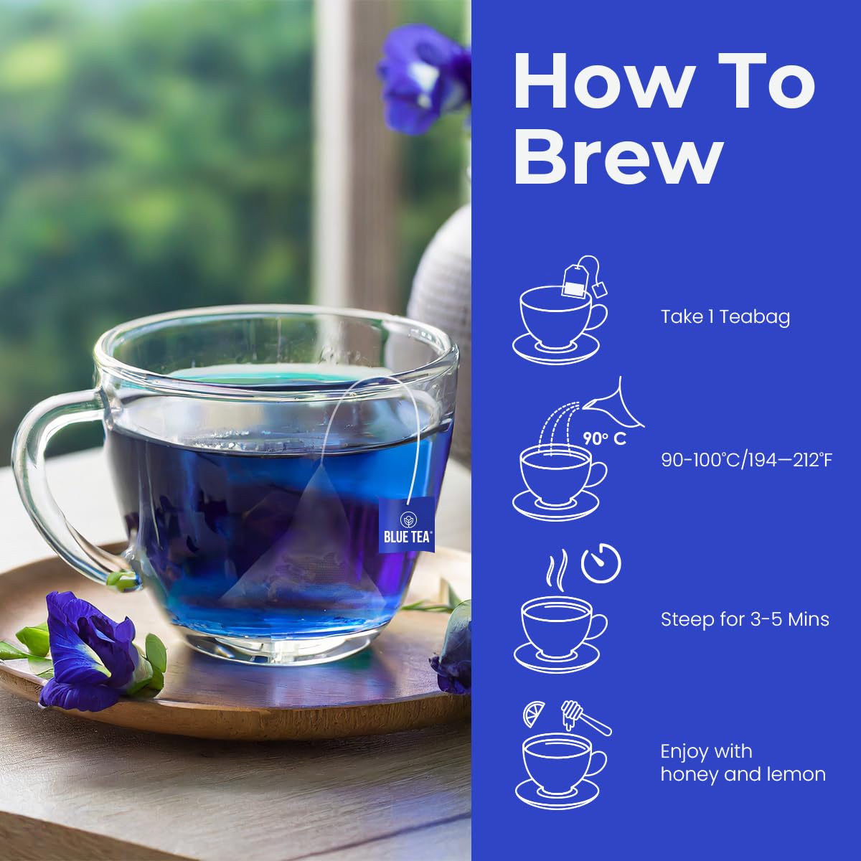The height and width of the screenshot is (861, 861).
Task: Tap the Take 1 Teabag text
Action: tap(725, 316)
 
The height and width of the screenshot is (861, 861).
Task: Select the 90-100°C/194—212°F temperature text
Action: tap(746, 459)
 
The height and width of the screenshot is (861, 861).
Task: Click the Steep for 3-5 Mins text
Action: tap(745, 618)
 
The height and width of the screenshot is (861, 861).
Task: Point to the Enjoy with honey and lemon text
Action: tap(742, 763)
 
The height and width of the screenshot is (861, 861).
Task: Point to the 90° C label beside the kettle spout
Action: tap(604, 438)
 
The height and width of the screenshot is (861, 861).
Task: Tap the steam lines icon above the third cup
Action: tap(557, 567)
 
